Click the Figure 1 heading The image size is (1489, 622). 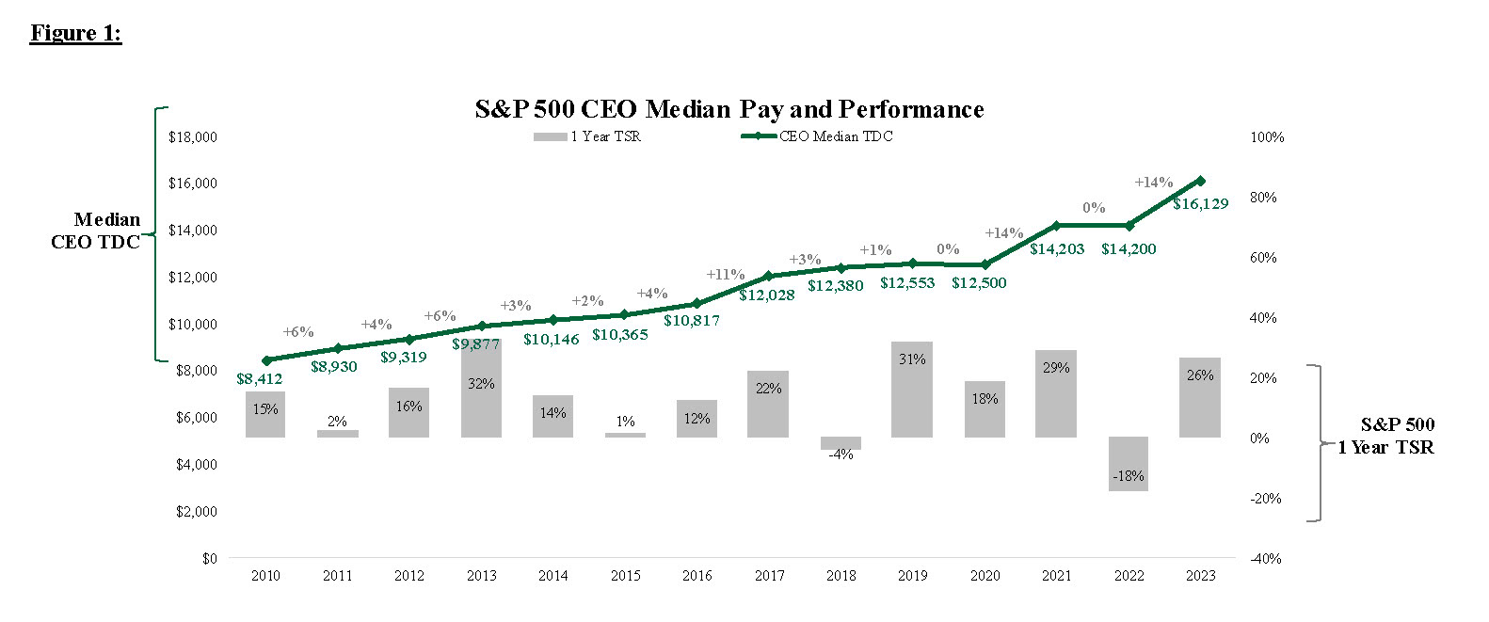(75, 33)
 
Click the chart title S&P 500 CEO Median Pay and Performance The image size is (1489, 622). (728, 109)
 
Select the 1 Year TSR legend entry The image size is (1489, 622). (587, 136)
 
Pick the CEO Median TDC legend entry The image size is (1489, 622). (817, 136)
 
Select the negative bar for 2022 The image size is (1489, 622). (1129, 464)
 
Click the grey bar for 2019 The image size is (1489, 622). (912, 390)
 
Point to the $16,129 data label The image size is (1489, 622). (1200, 203)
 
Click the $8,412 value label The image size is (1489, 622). (259, 378)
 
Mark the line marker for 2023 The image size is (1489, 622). (1200, 181)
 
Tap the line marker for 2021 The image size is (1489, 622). (1056, 226)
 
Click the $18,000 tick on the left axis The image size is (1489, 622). (192, 137)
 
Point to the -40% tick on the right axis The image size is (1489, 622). (1266, 559)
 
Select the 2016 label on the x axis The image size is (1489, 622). (696, 576)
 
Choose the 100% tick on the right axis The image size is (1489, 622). (1267, 137)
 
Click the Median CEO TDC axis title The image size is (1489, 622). (96, 231)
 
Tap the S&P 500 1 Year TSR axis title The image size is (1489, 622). (1386, 437)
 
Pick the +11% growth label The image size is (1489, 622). (725, 275)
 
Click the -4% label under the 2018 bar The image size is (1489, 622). (841, 455)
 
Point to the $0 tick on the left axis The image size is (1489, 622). (209, 559)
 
